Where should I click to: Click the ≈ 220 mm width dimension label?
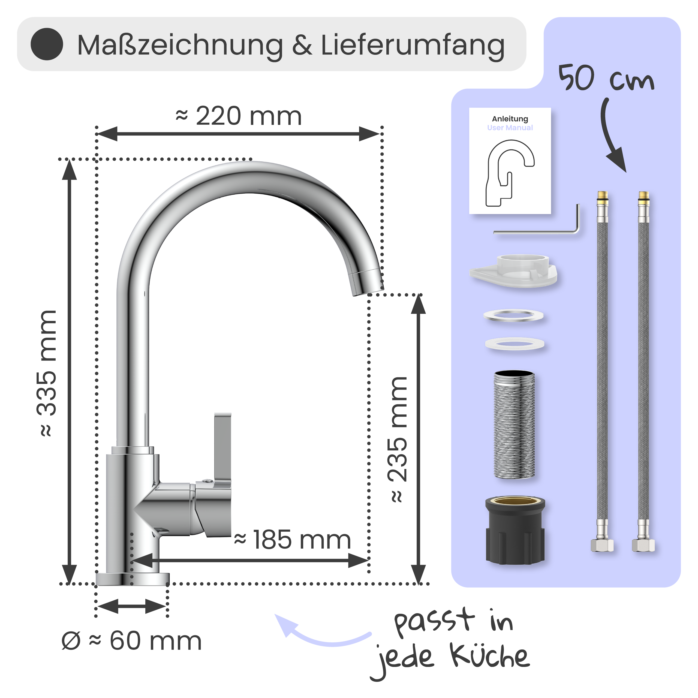pyautogui.click(x=239, y=116)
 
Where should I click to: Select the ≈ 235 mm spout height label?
pyautogui.click(x=398, y=439)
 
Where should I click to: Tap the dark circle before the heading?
pyautogui.click(x=47, y=44)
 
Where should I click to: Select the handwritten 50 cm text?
pyautogui.click(x=606, y=78)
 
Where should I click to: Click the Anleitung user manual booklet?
pyautogui.click(x=510, y=161)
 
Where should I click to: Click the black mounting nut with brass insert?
pyautogui.click(x=515, y=531)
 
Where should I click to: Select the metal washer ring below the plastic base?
pyautogui.click(x=513, y=315)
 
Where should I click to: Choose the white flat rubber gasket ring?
pyautogui.click(x=515, y=343)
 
